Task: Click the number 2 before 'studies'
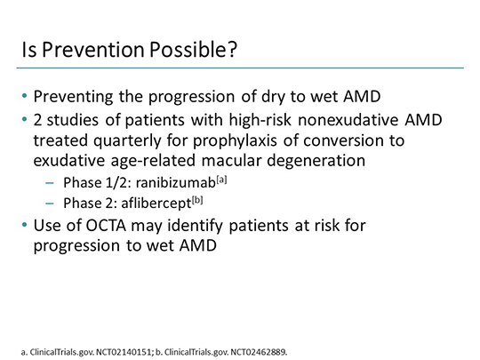[x=39, y=116]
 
